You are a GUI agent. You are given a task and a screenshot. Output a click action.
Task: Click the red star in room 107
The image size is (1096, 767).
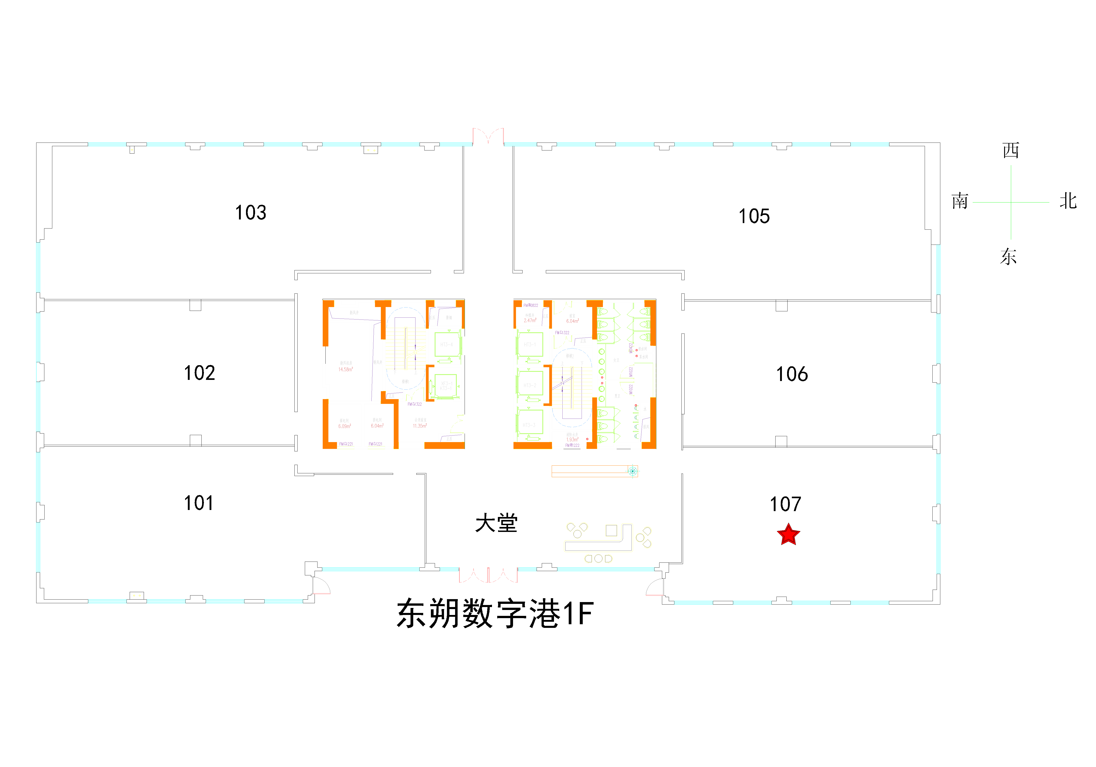point(788,535)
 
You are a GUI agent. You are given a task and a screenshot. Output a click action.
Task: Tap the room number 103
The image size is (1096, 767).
point(251,212)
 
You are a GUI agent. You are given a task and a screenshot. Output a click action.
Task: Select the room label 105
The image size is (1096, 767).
point(754,216)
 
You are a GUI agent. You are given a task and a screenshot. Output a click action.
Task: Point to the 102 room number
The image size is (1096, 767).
point(200,373)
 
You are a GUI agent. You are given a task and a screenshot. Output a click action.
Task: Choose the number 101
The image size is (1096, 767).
point(198,503)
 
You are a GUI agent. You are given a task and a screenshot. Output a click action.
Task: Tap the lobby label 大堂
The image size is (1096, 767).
point(497,523)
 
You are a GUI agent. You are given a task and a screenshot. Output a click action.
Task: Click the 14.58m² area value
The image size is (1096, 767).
point(346,369)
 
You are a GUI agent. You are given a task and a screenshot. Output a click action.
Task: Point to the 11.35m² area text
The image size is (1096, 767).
point(420,426)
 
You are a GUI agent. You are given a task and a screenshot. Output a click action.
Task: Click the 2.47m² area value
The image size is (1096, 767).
point(530,321)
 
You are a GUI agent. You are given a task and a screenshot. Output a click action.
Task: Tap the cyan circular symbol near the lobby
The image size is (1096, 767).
point(633,471)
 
